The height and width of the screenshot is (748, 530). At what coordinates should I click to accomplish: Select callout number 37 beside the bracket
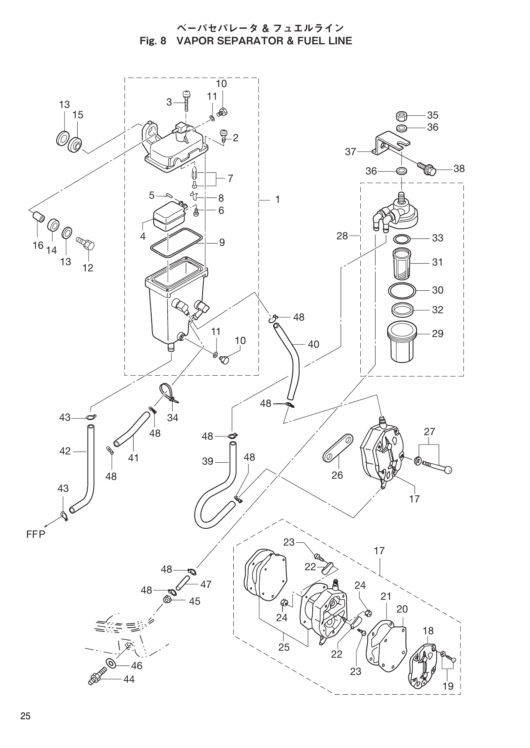[350, 152]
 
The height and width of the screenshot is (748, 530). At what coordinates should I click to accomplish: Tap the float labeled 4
[166, 216]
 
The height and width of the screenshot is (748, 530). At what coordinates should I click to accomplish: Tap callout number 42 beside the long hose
[65, 451]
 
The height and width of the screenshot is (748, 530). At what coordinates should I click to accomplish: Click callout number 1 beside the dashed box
[277, 200]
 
